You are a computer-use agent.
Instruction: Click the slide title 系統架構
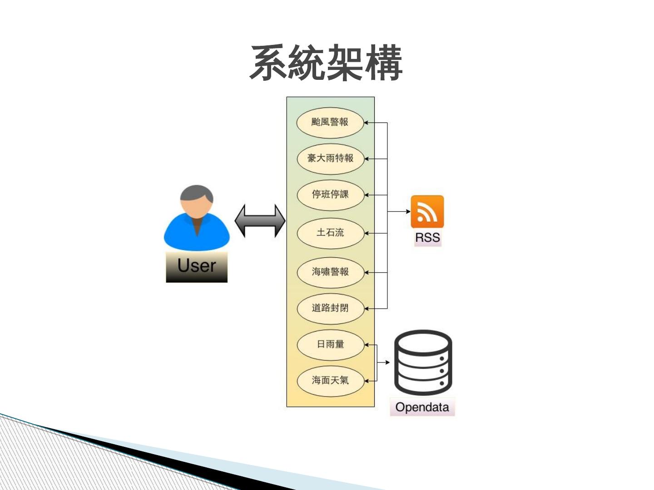[x=326, y=63]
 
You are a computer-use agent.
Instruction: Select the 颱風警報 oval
[x=330, y=122]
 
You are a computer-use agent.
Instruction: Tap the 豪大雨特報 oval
[x=330, y=158]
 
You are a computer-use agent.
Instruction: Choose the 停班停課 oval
[x=330, y=195]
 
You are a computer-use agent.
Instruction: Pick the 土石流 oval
[x=330, y=233]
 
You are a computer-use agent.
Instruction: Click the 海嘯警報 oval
[x=330, y=272]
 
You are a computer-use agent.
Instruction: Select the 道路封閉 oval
[x=330, y=308]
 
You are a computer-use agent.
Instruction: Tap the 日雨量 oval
[x=330, y=344]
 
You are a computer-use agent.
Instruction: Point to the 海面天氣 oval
[x=330, y=381]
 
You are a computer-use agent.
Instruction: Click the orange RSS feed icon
[x=427, y=212]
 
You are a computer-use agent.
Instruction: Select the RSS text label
[x=427, y=238]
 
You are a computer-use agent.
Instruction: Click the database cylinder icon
[x=423, y=362]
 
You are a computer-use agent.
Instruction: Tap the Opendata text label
[x=422, y=407]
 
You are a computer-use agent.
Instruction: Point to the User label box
[x=197, y=266]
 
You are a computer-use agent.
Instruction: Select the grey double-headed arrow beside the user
[x=260, y=221]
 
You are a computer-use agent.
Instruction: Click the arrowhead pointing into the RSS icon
[x=408, y=211]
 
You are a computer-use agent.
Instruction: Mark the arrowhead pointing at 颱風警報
[x=367, y=122]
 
